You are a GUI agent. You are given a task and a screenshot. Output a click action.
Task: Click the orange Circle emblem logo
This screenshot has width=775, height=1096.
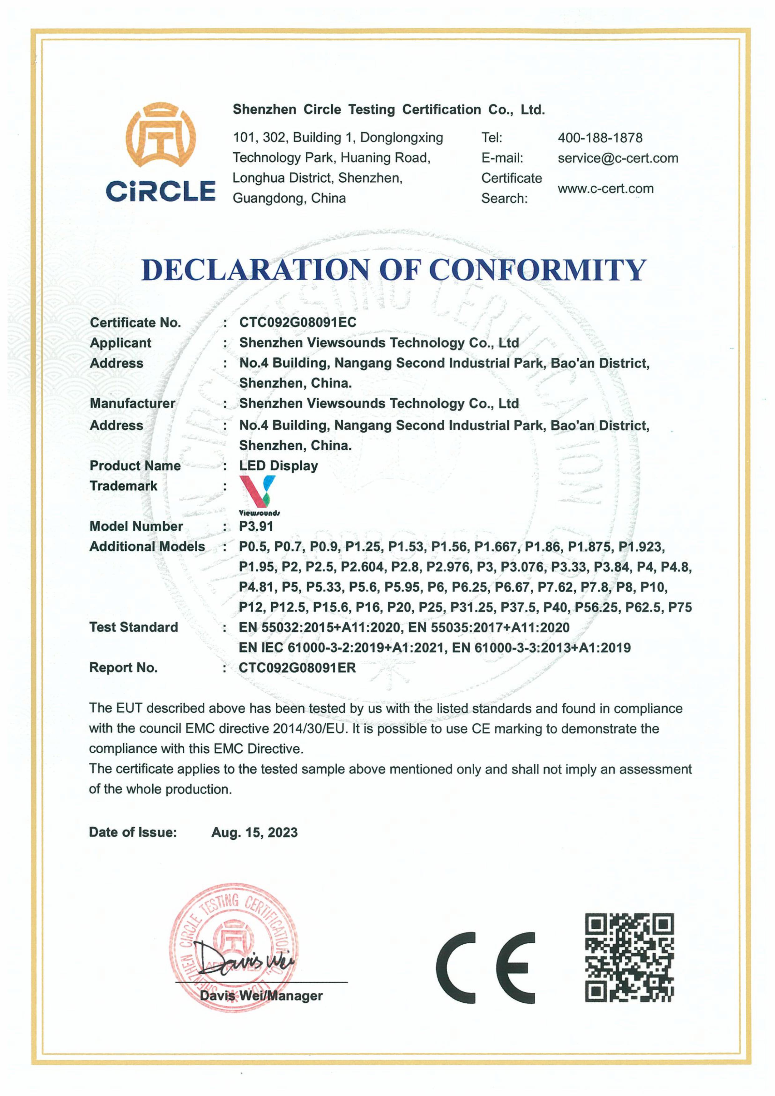(160, 135)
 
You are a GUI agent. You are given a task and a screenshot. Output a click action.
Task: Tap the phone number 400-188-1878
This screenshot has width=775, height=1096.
(600, 138)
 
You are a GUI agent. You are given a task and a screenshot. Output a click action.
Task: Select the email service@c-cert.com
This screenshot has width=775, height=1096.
(617, 158)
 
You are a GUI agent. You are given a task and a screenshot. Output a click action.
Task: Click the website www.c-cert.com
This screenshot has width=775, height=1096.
(605, 189)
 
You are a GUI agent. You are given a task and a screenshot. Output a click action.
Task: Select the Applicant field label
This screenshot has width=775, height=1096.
(120, 343)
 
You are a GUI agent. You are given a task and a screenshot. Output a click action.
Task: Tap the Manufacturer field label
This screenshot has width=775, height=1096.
(132, 403)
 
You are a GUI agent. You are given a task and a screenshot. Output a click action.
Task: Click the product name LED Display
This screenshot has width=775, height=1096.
(279, 465)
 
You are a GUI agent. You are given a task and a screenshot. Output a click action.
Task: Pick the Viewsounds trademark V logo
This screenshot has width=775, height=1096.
(258, 492)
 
